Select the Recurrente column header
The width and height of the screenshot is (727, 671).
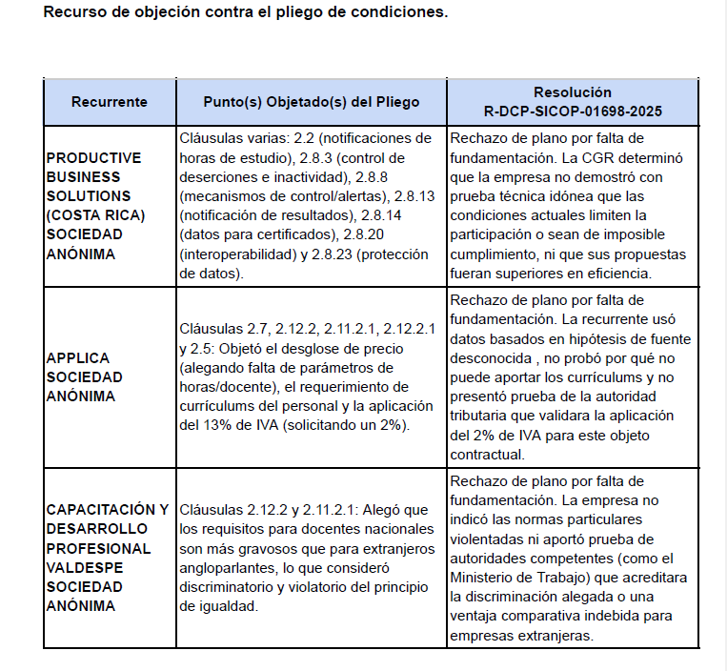click(x=110, y=102)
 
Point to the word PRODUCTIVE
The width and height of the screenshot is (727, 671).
click(x=93, y=157)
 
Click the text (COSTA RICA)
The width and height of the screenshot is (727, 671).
click(x=95, y=214)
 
